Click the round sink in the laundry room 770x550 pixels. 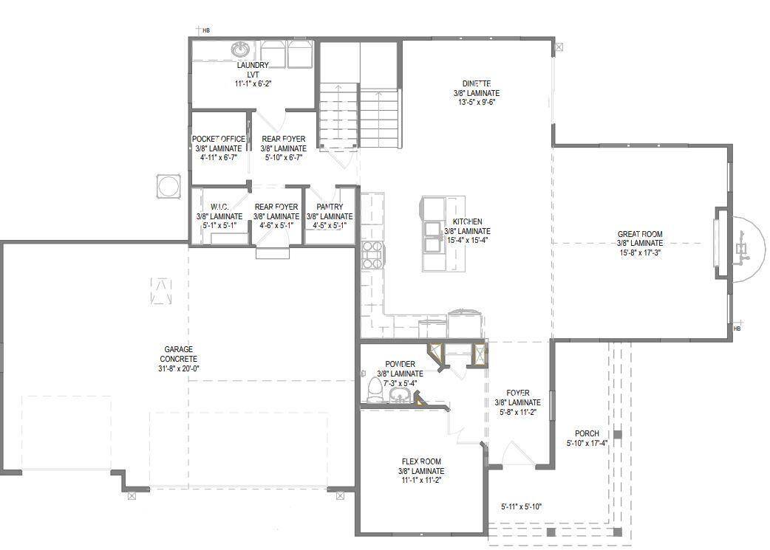[x=240, y=49]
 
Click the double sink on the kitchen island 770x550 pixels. [x=432, y=235]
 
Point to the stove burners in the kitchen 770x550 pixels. [x=372, y=253]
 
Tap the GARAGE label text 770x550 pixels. [x=178, y=349]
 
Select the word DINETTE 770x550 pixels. [x=477, y=83]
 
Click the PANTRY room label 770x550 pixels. [x=329, y=207]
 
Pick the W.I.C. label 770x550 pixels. [x=219, y=207]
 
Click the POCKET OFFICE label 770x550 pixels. [x=219, y=139]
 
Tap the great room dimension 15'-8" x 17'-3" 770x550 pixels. [x=640, y=252]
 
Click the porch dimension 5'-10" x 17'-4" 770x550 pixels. [x=587, y=444]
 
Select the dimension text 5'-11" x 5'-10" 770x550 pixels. [x=522, y=506]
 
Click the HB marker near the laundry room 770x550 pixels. [x=205, y=30]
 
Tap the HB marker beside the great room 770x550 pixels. [x=736, y=328]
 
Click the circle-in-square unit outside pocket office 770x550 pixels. [x=168, y=186]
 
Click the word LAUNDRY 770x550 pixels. [x=253, y=65]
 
